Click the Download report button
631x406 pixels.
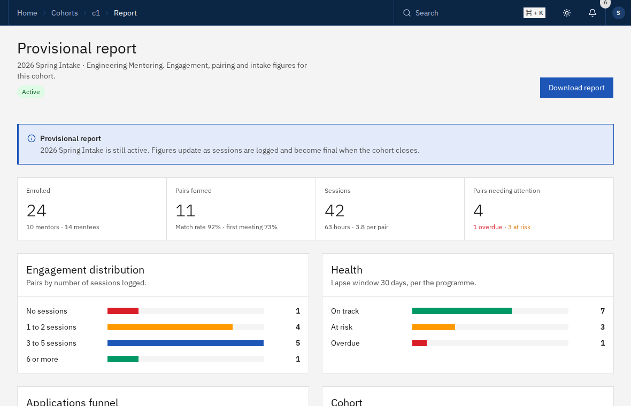pyautogui.click(x=576, y=88)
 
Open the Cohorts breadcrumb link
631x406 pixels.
pyautogui.click(x=64, y=13)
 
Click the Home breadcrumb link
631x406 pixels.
pyautogui.click(x=27, y=13)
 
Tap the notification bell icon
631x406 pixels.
pyautogui.click(x=592, y=13)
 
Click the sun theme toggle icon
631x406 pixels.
pyautogui.click(x=567, y=13)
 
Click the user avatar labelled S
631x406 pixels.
pyautogui.click(x=619, y=13)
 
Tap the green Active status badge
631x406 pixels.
pyautogui.click(x=31, y=92)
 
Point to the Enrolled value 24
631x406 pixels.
pyautogui.click(x=36, y=210)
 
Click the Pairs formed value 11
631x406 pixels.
pyautogui.click(x=186, y=210)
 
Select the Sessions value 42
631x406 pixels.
pyautogui.click(x=334, y=210)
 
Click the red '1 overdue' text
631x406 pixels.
pyautogui.click(x=488, y=227)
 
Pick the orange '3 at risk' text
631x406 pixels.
pyautogui.click(x=519, y=227)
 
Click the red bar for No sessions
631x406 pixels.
pyautogui.click(x=123, y=311)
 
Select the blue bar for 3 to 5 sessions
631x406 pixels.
pyautogui.click(x=186, y=343)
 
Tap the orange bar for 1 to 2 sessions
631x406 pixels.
pyautogui.click(x=170, y=327)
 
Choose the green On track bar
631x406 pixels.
pyautogui.click(x=462, y=311)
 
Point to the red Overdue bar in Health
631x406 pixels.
pyautogui.click(x=419, y=343)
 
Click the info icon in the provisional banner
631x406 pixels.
pyautogui.click(x=32, y=138)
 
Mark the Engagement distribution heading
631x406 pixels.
pyautogui.click(x=86, y=270)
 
